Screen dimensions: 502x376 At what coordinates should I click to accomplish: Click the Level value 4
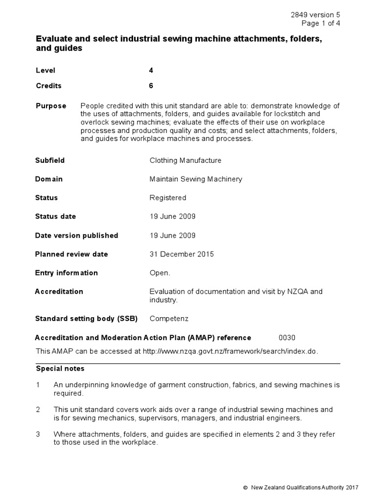tap(151, 71)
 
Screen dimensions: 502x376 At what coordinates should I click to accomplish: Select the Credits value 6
tap(151, 86)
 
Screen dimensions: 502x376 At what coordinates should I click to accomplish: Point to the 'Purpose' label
tap(50, 106)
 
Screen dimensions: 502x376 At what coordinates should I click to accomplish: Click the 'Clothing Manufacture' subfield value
tap(185, 160)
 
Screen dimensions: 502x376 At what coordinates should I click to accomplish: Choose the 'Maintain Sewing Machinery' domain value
tap(195, 179)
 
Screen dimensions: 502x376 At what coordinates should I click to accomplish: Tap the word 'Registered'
tap(167, 198)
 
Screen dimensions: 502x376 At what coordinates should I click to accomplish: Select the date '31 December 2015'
tap(181, 254)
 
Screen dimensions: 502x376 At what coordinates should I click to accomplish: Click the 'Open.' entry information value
tap(160, 273)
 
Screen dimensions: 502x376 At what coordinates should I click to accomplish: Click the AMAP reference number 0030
tap(287, 337)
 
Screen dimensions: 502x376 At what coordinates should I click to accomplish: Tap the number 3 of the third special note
tap(38, 434)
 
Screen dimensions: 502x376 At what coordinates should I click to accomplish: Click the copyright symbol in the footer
tap(245, 487)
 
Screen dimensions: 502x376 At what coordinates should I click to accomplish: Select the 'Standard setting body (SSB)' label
tap(86, 319)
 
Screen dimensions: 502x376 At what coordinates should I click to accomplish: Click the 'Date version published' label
tap(76, 235)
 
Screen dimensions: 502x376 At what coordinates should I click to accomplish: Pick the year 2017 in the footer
tap(352, 487)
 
